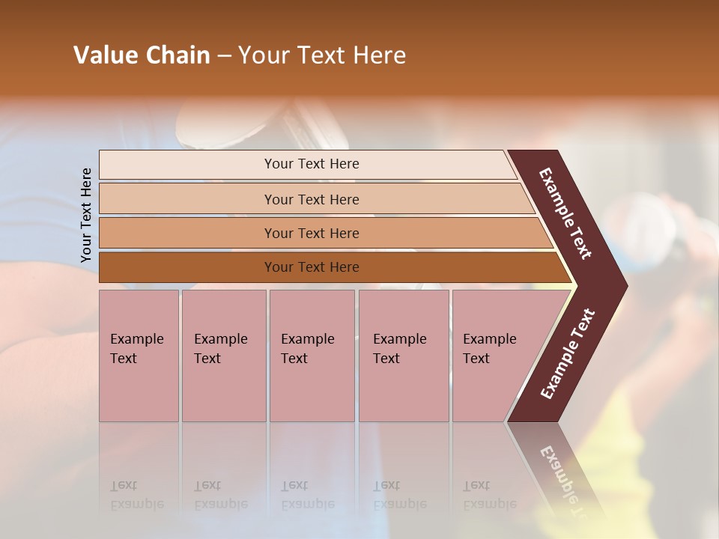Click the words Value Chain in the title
coord(142,55)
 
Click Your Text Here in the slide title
coord(322,55)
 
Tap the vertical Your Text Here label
coord(86,215)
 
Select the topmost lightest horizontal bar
coord(311,164)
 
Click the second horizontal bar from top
coord(311,199)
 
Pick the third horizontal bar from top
coord(311,233)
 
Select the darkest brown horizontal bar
coord(311,267)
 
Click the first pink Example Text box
coord(139,356)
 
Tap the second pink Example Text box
coord(223,356)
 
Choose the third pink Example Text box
coord(312,356)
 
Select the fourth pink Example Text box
coord(404,356)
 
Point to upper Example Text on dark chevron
coord(565,213)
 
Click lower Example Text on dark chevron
coord(568,354)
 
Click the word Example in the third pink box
coord(307,339)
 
